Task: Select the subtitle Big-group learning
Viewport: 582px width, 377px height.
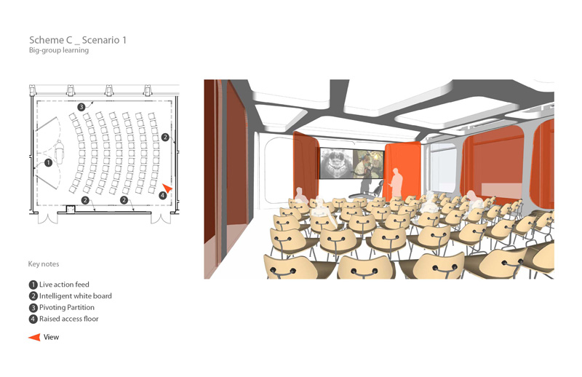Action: (x=59, y=50)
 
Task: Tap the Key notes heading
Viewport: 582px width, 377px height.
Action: (x=44, y=264)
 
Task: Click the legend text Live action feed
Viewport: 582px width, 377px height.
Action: (x=64, y=285)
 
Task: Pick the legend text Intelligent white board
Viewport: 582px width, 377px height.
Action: (x=76, y=296)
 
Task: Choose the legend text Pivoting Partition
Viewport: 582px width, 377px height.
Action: (x=67, y=308)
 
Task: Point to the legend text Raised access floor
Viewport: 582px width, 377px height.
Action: (x=69, y=319)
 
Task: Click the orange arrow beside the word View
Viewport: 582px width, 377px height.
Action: (x=34, y=337)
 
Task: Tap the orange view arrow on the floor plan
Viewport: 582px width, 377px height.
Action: (x=167, y=188)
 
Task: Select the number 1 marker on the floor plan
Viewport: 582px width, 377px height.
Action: (x=48, y=163)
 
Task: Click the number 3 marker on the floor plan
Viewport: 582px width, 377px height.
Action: (x=81, y=107)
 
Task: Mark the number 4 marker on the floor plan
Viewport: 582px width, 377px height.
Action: (x=162, y=195)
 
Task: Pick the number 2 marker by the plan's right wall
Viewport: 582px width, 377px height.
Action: (x=165, y=137)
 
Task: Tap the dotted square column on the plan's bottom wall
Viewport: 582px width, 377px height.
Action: (x=71, y=209)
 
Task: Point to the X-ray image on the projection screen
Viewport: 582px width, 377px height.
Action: (x=336, y=164)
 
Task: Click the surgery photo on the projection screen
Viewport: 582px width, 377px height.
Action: (x=368, y=164)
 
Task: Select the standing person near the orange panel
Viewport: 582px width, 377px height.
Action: (x=396, y=185)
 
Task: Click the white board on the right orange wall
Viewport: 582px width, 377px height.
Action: (x=501, y=190)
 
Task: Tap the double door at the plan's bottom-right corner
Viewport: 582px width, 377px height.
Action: (x=161, y=218)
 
